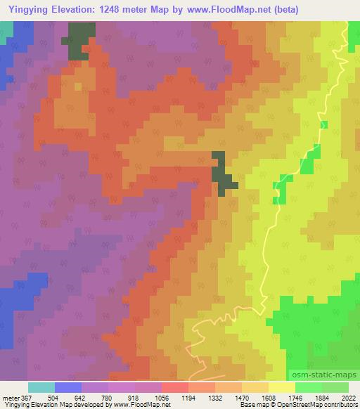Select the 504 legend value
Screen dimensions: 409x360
pos(54,397)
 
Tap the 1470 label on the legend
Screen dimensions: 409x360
pos(241,397)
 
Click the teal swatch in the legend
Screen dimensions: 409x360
pos(41,387)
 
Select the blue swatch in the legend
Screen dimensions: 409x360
pos(68,387)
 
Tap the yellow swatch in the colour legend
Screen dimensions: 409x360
pos(282,387)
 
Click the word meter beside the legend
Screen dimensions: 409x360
pos(11,397)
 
